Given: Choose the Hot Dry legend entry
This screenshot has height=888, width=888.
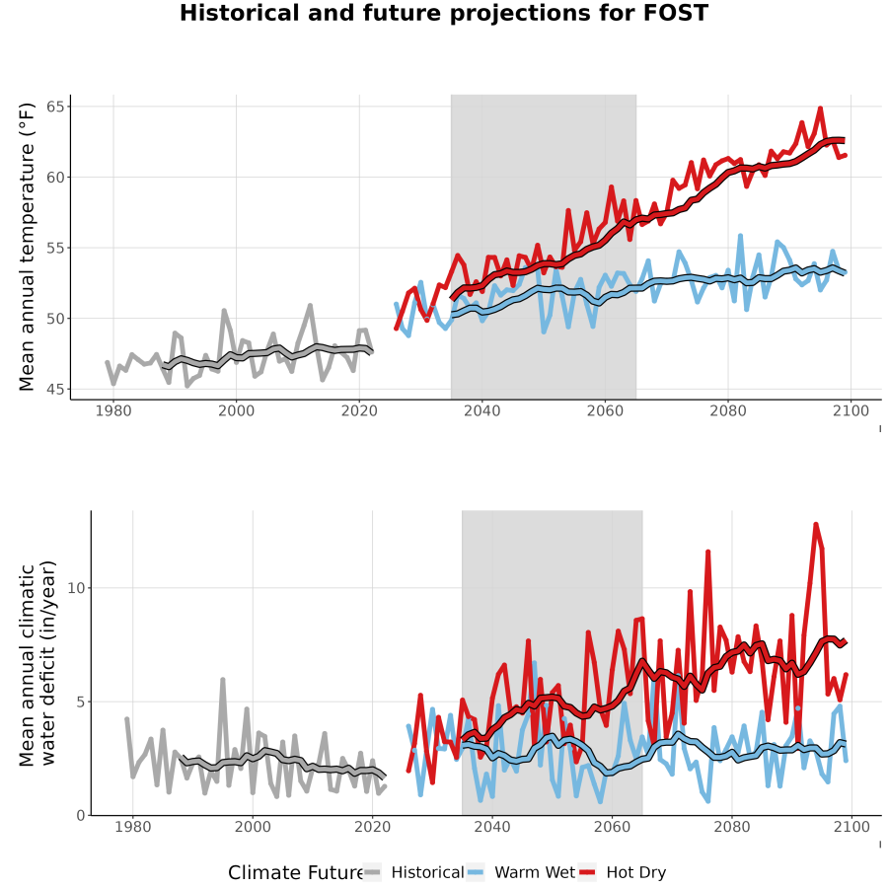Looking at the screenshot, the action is (x=623, y=872).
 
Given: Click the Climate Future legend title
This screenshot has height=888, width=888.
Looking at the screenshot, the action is (x=296, y=873).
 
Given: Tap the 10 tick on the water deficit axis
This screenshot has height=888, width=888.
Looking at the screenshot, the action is (x=76, y=588).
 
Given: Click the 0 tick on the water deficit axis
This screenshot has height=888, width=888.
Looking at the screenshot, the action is (x=81, y=816).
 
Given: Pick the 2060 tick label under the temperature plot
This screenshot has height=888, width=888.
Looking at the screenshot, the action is (x=605, y=410).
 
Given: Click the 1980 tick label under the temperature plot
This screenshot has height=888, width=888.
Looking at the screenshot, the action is (x=113, y=410).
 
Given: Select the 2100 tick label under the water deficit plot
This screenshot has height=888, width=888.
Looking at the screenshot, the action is (x=851, y=827).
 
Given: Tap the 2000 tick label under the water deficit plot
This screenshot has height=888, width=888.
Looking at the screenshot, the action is (x=253, y=827).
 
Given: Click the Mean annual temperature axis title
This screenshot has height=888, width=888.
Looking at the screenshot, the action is (x=27, y=247).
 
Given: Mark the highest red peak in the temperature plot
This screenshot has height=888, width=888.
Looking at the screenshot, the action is (x=820, y=109).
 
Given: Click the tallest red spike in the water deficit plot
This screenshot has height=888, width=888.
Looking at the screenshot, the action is (x=816, y=525).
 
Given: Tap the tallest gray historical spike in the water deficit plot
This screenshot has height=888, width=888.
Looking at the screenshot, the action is (x=223, y=679).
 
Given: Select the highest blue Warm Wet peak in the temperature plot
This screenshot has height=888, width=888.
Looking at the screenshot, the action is (x=740, y=236).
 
